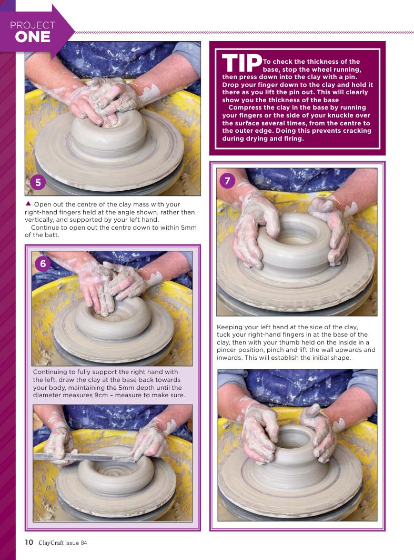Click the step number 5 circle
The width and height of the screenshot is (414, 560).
point(38,182)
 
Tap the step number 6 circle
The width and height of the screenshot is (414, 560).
point(43,263)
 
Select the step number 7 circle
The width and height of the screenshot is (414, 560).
point(227,181)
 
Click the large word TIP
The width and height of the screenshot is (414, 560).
point(242,63)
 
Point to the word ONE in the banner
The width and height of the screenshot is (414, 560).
point(33,37)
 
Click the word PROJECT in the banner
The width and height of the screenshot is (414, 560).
point(33,25)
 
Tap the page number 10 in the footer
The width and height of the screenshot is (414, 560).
point(29,542)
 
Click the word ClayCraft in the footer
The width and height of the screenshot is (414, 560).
point(51,543)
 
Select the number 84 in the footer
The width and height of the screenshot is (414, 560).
point(84,543)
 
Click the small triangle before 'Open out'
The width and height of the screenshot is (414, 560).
point(28,203)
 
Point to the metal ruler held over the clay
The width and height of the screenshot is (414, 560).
point(84,457)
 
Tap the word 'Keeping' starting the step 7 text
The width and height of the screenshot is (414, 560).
point(230,327)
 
